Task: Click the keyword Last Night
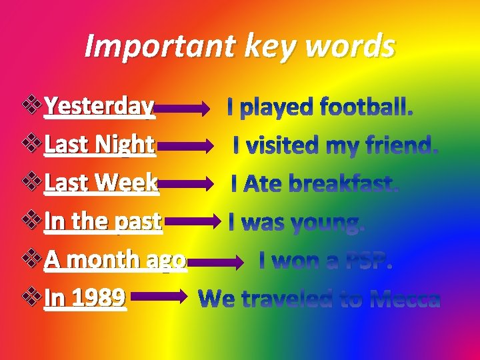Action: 99,144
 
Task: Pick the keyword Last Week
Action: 101,183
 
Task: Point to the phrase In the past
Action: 103,221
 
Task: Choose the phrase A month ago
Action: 115,260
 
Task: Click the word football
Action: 366,107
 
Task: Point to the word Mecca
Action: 405,300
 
